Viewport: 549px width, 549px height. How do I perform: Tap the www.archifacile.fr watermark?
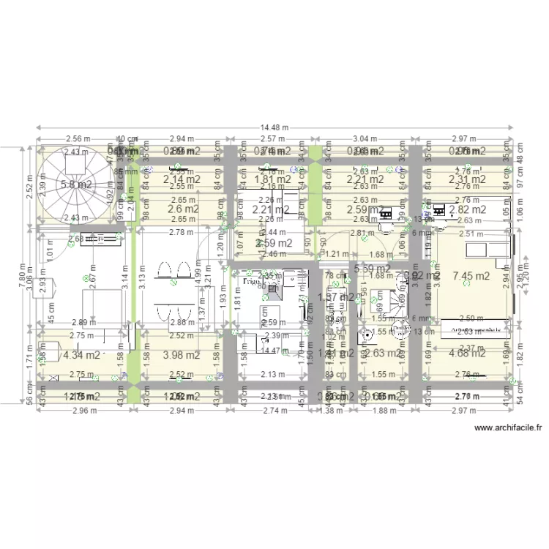coord(507,427)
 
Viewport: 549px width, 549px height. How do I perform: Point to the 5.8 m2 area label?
coord(76,184)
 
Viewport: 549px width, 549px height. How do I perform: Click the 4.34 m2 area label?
coord(81,355)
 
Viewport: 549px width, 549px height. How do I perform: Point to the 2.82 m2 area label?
coord(467,209)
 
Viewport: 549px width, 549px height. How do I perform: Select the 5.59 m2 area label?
coord(372,269)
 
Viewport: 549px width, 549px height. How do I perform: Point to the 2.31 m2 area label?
coord(467,179)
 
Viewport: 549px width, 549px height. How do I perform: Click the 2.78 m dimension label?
coord(176,232)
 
